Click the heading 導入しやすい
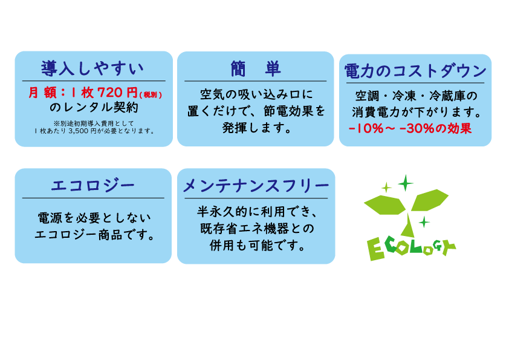coord(92,68)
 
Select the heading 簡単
coord(255,68)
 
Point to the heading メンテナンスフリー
coord(256,186)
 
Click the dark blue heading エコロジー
coord(92,185)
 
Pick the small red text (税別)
coord(151,94)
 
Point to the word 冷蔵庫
coord(453,97)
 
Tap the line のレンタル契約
coord(94,108)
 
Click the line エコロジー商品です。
coord(94,234)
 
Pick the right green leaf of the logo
coord(430,198)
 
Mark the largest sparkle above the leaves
coord(405,182)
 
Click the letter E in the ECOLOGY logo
coord(375,249)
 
